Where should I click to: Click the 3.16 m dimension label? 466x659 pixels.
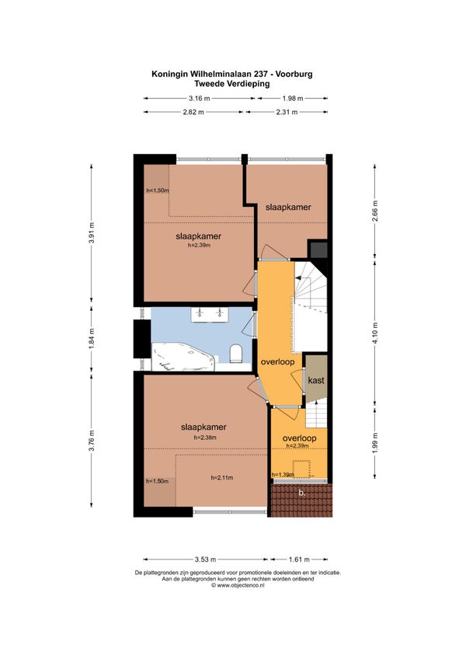(x=199, y=99)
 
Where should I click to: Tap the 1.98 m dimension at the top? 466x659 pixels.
(x=293, y=99)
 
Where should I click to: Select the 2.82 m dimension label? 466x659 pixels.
(x=193, y=112)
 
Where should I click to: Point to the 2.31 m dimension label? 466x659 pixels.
(x=287, y=112)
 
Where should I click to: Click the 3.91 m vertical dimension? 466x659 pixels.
(x=92, y=232)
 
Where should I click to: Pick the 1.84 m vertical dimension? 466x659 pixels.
(x=92, y=339)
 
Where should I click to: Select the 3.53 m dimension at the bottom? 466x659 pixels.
(x=206, y=560)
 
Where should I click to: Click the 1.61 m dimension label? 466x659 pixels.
(x=299, y=560)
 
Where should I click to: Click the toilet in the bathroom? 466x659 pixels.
(x=237, y=354)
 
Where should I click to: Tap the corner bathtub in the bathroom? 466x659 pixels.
(x=183, y=357)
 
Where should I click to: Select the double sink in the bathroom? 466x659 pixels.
(x=210, y=315)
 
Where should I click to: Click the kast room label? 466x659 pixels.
(x=316, y=380)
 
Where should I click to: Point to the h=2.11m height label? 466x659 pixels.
(x=222, y=477)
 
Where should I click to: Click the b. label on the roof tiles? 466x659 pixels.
(x=301, y=493)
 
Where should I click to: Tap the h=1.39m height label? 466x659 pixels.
(x=283, y=475)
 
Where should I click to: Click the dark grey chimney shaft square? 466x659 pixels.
(x=318, y=249)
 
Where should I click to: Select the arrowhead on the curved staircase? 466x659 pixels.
(x=298, y=277)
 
